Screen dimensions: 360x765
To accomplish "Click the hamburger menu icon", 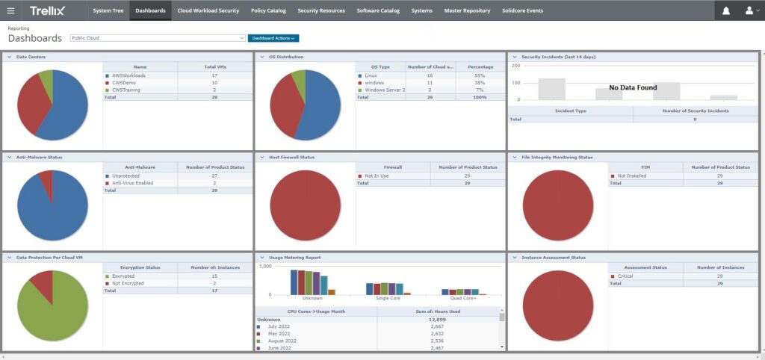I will pos(10,10).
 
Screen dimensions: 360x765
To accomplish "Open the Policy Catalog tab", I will pos(267,10).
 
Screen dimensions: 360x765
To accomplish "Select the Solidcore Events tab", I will pos(522,10).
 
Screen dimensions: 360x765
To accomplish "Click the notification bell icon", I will pos(726,10).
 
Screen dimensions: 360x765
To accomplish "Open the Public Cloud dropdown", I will pos(158,38).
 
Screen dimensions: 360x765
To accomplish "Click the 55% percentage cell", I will pos(480,75).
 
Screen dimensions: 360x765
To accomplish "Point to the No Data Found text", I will pos(633,87).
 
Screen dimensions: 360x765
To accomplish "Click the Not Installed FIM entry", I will pos(632,176).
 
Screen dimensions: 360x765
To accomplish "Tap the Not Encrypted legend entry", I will pos(128,283).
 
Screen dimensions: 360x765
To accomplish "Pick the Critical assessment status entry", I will pos(625,276).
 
